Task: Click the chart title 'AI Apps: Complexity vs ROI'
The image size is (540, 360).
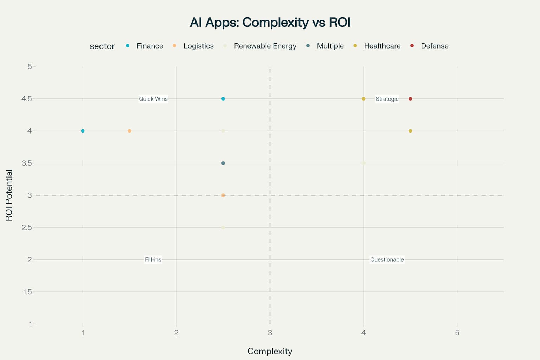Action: point(270,22)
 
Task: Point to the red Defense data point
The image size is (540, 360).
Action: point(410,99)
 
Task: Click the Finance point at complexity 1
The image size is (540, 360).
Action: point(83,131)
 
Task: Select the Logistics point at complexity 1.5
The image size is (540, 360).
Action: point(129,131)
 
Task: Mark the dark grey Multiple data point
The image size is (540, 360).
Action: point(223,163)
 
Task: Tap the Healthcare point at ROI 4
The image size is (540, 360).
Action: point(410,131)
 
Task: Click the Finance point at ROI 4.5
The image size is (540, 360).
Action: point(223,99)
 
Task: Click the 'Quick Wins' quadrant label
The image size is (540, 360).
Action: point(153,99)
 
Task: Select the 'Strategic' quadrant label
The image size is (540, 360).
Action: point(387,99)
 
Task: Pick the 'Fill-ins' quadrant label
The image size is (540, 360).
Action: point(153,259)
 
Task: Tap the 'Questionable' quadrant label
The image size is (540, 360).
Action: point(387,259)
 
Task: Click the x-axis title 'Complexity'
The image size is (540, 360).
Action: point(270,351)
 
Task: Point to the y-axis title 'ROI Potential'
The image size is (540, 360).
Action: point(9,195)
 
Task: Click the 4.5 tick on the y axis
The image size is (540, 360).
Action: point(27,99)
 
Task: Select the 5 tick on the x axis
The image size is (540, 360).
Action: point(457,333)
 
